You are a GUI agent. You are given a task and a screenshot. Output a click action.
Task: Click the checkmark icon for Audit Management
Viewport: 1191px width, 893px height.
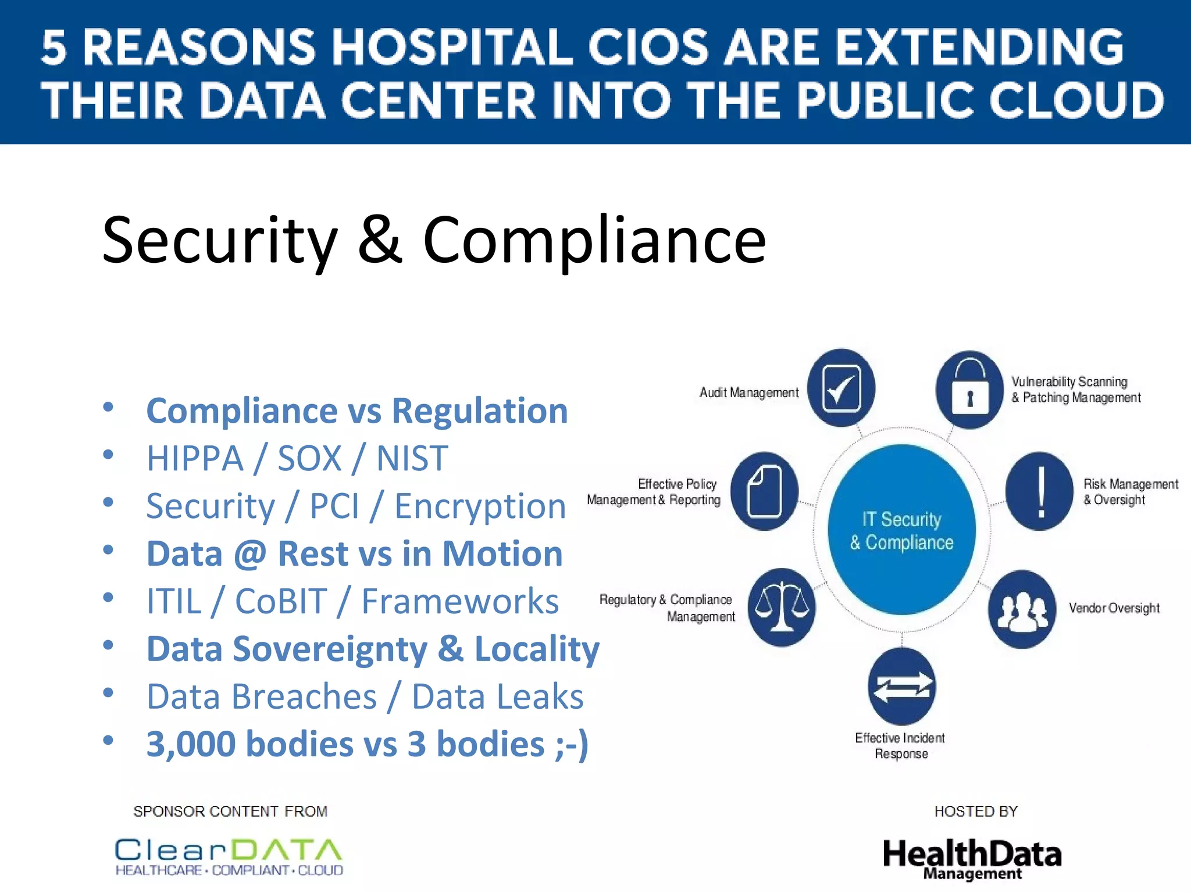tap(841, 388)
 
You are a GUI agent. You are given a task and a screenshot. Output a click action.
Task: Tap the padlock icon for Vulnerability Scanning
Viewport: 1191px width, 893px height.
tap(969, 390)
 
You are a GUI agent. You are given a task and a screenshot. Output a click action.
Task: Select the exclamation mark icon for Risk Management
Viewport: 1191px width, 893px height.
tap(1040, 492)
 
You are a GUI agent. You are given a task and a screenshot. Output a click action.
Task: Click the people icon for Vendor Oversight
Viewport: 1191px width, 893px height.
tap(1022, 609)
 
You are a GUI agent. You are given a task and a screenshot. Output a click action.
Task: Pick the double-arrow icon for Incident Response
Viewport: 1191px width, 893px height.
tap(902, 687)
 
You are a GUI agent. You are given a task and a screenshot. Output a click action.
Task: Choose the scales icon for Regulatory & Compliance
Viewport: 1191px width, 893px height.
tap(782, 608)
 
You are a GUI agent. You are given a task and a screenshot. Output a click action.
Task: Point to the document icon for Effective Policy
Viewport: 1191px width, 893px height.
tap(764, 491)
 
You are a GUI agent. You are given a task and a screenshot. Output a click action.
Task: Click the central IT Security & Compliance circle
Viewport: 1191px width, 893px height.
tap(902, 530)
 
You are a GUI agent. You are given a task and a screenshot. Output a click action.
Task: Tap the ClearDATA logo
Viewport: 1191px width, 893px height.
tap(229, 856)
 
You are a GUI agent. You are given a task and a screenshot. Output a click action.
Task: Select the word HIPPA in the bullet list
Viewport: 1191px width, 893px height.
tap(195, 459)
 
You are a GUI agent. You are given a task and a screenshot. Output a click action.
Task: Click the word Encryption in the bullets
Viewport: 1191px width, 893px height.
tap(480, 506)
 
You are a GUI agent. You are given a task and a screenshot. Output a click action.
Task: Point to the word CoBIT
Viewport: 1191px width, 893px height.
tap(281, 601)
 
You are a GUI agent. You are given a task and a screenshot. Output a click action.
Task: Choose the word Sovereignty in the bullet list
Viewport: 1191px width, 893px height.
tap(330, 649)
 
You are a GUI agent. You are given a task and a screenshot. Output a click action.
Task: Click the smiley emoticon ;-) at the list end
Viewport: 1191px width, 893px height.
tap(572, 744)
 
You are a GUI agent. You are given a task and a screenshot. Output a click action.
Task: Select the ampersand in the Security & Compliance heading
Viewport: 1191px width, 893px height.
tap(380, 240)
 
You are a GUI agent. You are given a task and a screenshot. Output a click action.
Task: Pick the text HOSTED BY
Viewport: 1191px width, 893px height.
tap(976, 812)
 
